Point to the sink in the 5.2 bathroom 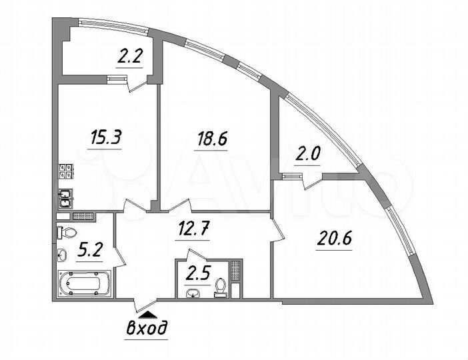[x=62, y=255]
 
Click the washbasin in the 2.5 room [x=194, y=291]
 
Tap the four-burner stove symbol [x=67, y=171]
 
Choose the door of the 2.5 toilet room [x=196, y=257]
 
